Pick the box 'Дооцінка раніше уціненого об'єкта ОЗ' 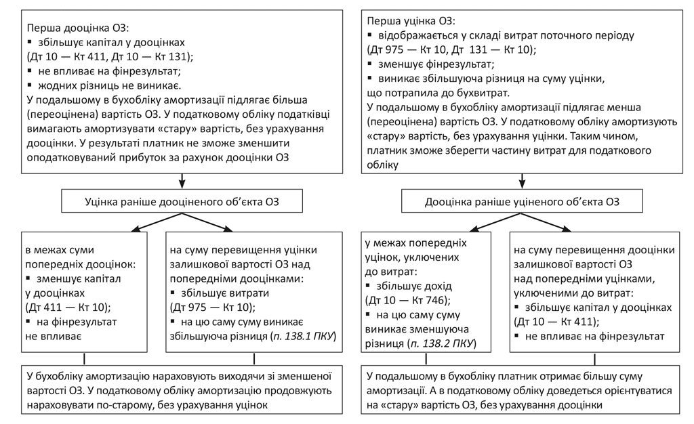tap(522, 202)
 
